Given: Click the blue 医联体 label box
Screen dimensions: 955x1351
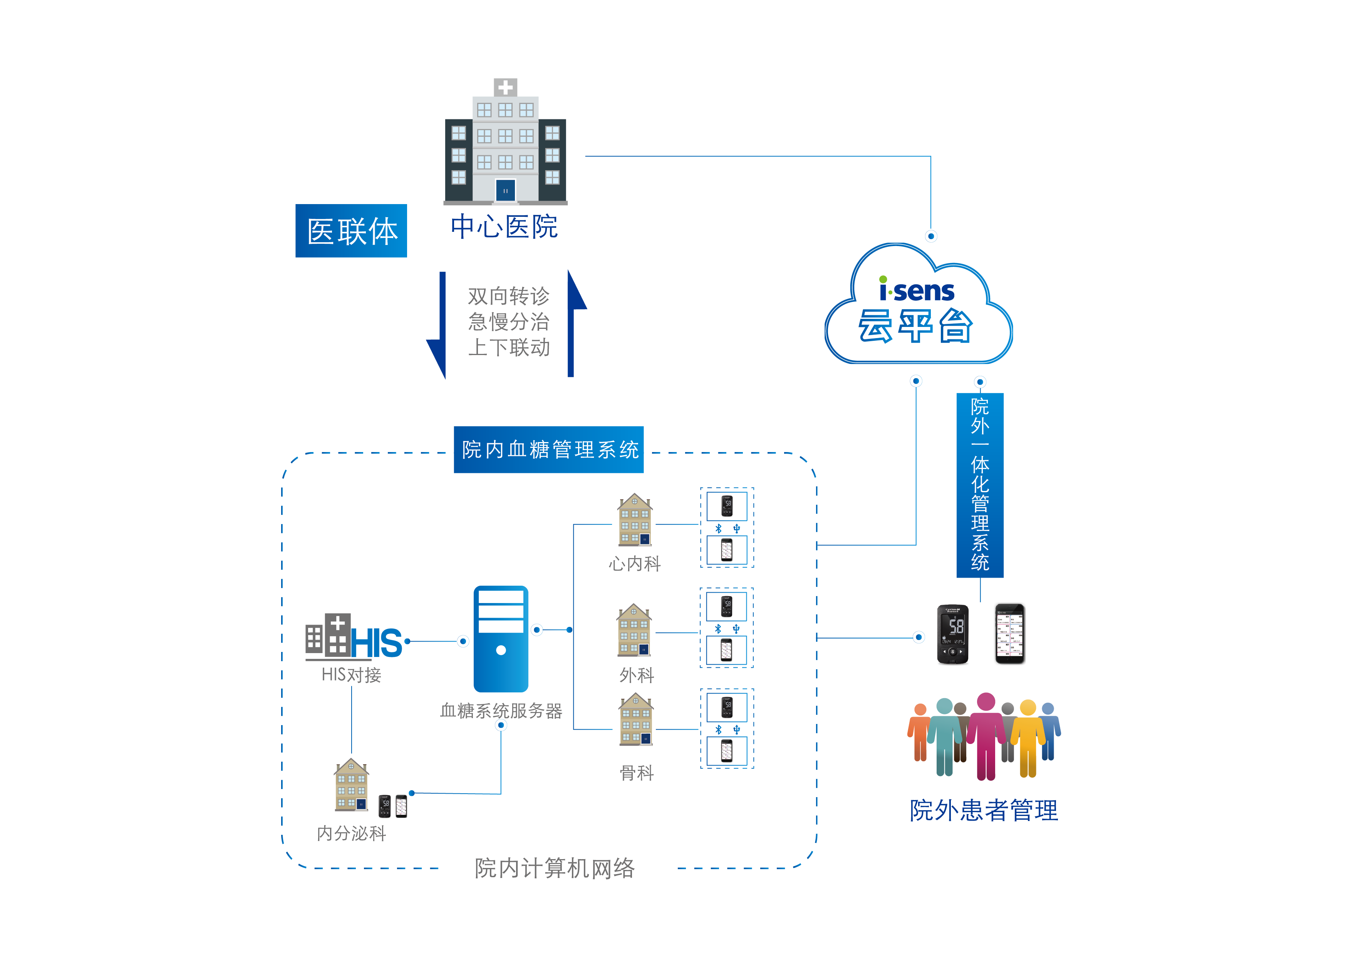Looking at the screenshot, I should tap(351, 231).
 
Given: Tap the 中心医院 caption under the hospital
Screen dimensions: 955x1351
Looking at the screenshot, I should tap(504, 227).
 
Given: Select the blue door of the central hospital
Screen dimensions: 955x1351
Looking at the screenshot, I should tap(505, 191).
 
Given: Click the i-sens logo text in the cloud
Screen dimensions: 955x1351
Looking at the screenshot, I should tap(916, 290).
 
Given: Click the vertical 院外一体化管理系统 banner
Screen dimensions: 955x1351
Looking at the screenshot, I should tap(980, 484).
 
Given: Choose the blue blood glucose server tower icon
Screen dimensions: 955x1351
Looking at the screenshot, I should tap(501, 638).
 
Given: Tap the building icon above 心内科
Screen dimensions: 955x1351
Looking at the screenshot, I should tap(634, 519).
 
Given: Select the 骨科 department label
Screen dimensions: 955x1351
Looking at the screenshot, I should tap(636, 772).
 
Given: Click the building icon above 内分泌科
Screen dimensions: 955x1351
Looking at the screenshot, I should tap(351, 785).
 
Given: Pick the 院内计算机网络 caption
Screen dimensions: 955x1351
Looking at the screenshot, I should tap(554, 868).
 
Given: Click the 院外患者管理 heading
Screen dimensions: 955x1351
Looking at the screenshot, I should tap(983, 810).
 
